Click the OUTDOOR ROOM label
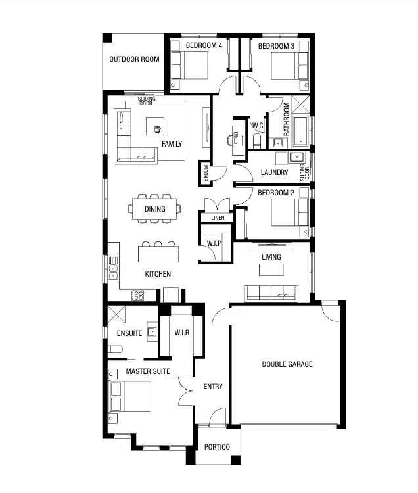click(134, 59)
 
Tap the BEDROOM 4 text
click(204, 45)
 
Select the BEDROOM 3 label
click(276, 45)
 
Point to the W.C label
click(258, 126)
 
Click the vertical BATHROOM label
click(287, 118)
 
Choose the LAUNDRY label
click(274, 172)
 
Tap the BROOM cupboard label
click(206, 173)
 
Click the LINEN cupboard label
click(218, 218)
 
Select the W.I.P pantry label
click(214, 243)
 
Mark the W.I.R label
click(182, 333)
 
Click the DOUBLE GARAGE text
click(287, 364)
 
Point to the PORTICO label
click(217, 447)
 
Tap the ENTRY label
click(213, 387)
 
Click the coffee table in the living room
click(271, 270)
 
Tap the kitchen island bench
click(158, 253)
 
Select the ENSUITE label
click(129, 333)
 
